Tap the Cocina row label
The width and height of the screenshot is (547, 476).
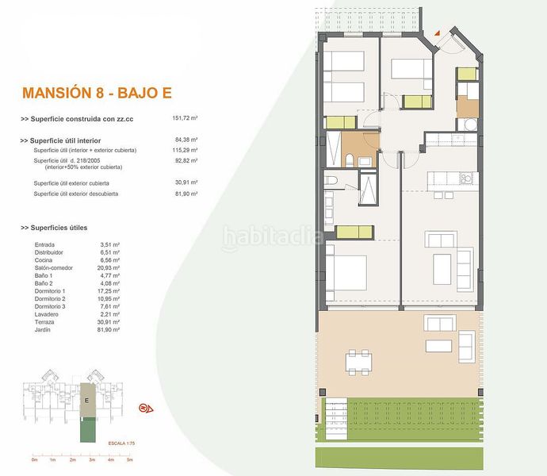[44, 260]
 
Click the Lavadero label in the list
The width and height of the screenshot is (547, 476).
[48, 314]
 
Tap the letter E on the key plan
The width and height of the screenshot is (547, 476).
[86, 401]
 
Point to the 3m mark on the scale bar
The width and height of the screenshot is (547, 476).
[91, 459]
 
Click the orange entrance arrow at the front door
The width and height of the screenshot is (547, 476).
[435, 33]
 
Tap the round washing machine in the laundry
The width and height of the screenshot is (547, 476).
[467, 125]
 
